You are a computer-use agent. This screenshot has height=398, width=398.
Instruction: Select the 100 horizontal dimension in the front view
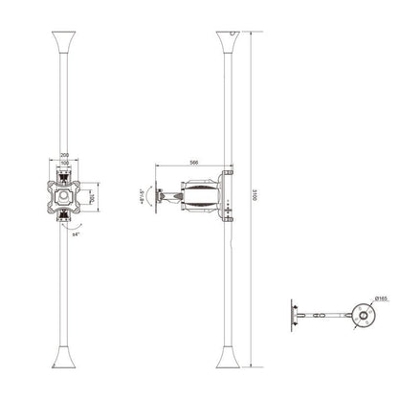[63, 162]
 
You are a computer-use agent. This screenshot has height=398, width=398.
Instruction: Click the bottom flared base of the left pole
[63, 361]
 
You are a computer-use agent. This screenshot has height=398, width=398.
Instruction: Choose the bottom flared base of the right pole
[231, 361]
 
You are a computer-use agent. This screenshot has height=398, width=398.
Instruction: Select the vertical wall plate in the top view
[292, 315]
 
